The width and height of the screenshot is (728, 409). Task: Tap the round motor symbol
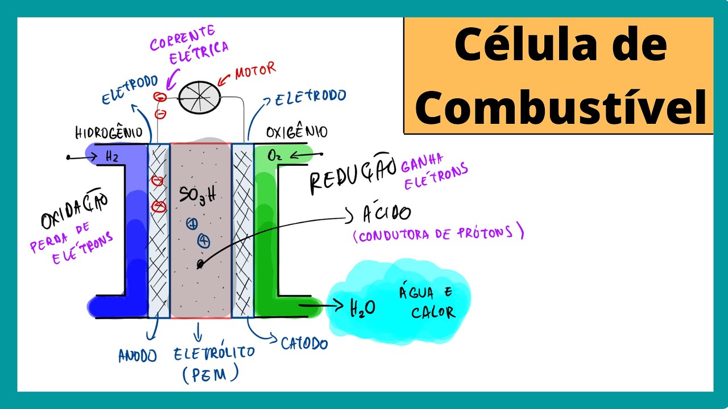tap(200, 98)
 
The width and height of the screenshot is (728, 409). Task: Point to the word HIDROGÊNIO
tap(108, 133)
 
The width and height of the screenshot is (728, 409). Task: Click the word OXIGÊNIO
tap(296, 132)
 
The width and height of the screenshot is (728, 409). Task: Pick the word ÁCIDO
tap(386, 214)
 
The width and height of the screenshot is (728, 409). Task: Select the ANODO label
tap(137, 356)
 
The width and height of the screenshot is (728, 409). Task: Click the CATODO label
tap(304, 343)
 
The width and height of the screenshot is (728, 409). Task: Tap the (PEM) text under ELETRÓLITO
tap(210, 374)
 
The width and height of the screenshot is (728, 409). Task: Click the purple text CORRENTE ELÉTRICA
tap(190, 40)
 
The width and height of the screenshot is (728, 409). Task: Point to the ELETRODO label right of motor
tap(310, 98)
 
